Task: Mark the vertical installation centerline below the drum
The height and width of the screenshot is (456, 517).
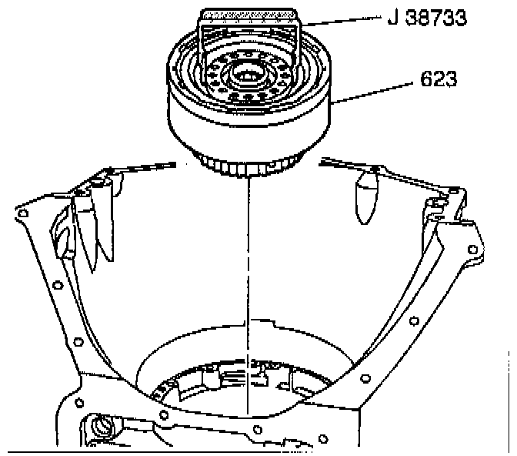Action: pos(248,293)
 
